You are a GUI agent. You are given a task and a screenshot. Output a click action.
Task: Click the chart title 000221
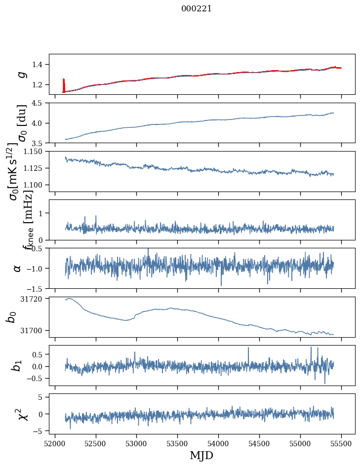coord(197,8)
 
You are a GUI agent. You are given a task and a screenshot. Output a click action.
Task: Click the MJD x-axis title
coord(201,455)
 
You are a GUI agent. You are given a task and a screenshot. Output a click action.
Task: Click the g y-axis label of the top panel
coord(22,74)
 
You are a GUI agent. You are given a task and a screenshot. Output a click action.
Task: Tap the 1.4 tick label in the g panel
coord(40,64)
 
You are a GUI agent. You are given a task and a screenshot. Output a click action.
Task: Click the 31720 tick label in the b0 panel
coord(34,299)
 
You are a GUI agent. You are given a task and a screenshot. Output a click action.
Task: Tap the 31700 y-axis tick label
coord(34,330)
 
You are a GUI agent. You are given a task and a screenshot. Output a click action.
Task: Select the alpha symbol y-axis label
coord(18,268)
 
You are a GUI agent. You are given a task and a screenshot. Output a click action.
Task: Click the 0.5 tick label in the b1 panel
coord(39,354)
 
